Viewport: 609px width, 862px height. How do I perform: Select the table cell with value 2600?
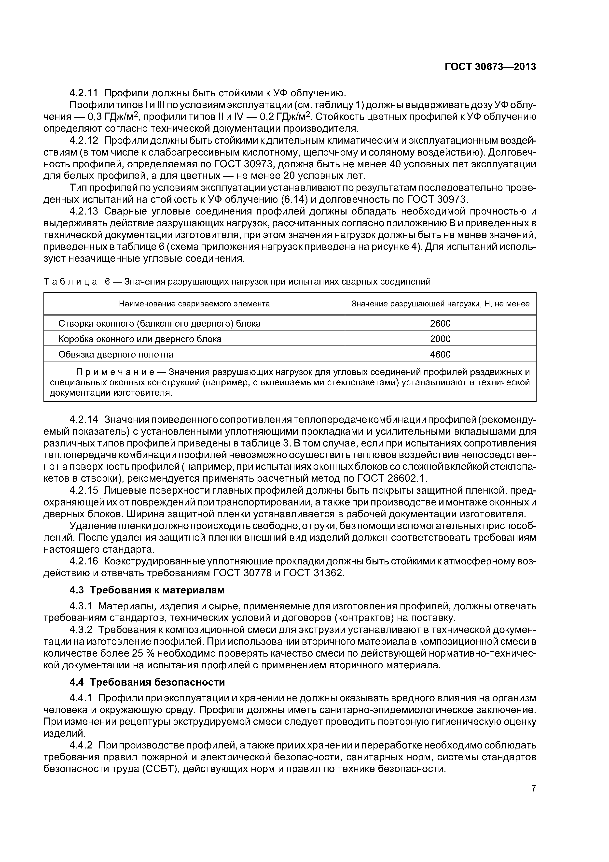(440, 323)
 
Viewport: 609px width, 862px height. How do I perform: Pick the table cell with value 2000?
(440, 339)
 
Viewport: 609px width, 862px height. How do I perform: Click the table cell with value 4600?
(440, 354)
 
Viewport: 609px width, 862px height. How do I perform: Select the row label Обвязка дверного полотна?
(116, 354)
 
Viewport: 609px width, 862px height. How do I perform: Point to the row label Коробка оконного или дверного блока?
(140, 339)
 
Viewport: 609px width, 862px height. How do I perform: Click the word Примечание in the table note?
(115, 372)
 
